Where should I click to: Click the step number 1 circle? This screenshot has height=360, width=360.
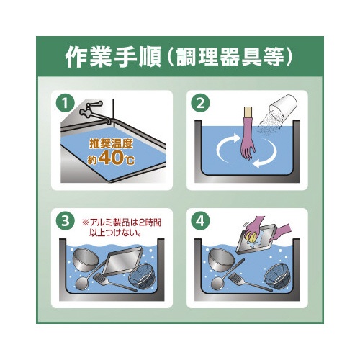66,104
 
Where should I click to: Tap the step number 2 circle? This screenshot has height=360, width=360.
200,104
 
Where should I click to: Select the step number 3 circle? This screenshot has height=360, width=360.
66,221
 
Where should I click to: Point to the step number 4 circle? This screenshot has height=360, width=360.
200,221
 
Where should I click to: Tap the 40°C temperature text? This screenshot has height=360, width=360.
117,158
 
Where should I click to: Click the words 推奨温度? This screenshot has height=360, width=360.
111,143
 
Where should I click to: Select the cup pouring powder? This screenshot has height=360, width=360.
283,107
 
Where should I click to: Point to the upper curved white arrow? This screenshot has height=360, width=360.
225,144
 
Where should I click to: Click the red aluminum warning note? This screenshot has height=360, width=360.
122,228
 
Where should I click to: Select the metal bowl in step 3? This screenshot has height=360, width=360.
86,260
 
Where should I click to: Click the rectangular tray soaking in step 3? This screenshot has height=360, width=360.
122,261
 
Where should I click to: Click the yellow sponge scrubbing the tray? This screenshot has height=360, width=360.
251,236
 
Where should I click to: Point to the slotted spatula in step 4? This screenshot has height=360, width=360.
250,282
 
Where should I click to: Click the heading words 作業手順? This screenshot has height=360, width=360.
113,58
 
